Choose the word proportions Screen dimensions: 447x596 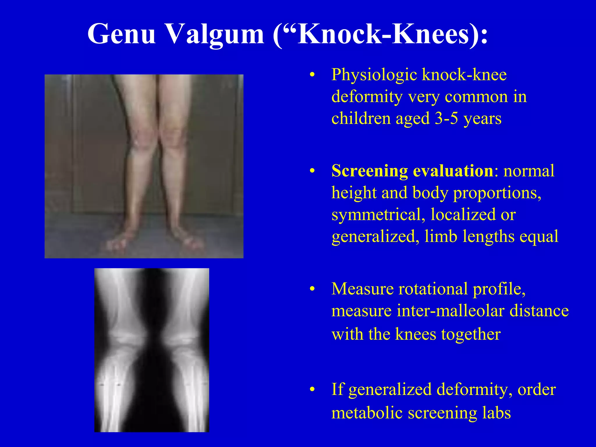click(x=497, y=193)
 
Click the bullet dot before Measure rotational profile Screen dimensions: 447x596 click(x=312, y=289)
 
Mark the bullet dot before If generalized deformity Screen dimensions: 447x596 click(x=312, y=390)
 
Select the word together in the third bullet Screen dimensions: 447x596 click(x=471, y=334)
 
